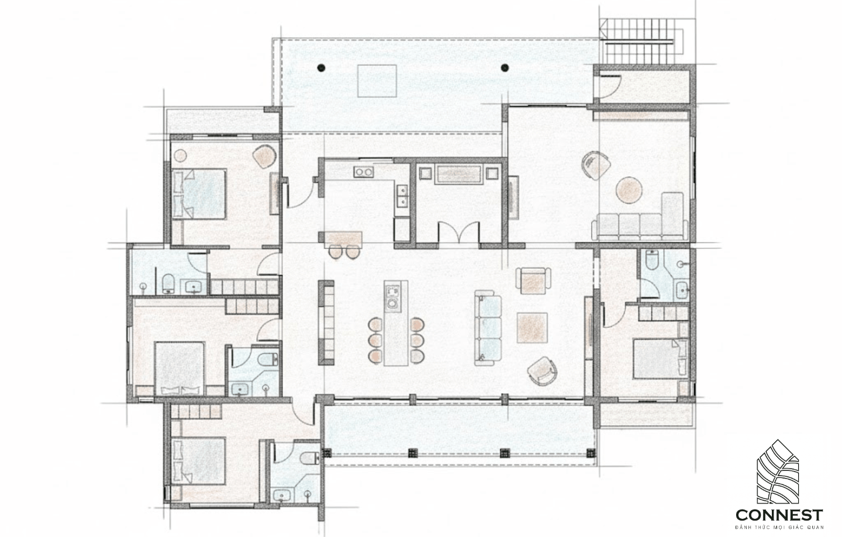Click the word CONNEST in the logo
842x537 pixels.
[779, 514]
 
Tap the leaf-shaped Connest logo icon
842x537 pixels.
[777, 472]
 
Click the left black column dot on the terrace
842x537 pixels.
[320, 68]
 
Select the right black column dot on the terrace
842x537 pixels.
[505, 68]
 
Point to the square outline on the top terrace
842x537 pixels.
[377, 81]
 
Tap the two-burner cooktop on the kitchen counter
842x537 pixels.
[364, 172]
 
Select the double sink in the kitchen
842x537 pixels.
[402, 196]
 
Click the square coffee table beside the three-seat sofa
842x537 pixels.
[532, 328]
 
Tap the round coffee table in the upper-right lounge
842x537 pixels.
[629, 190]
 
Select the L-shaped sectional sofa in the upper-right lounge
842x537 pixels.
[640, 221]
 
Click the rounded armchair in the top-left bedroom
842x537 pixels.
[265, 156]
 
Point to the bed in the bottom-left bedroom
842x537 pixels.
[199, 462]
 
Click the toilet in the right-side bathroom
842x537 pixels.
[651, 260]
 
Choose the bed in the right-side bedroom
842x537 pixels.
[660, 359]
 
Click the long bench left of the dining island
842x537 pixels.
[326, 323]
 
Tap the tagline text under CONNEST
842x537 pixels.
[779, 527]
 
